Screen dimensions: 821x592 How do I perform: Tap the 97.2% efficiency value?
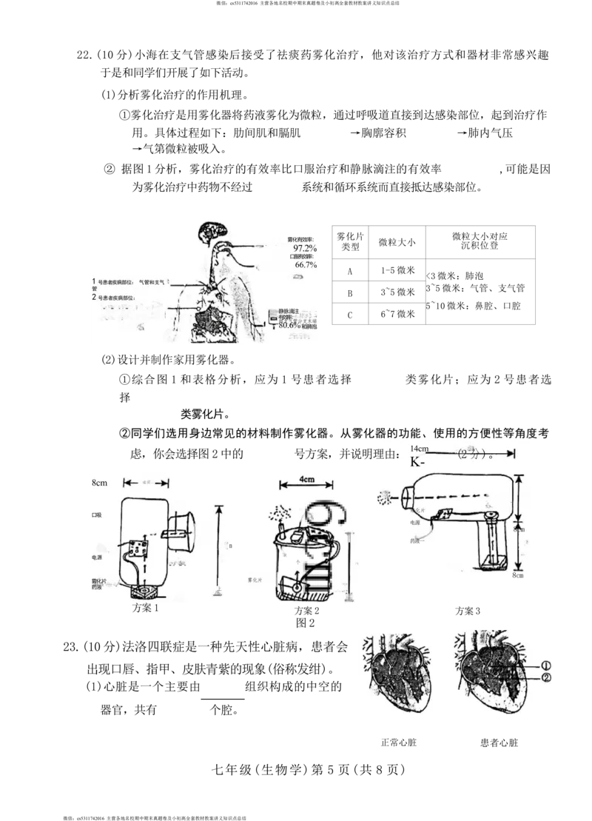(305, 249)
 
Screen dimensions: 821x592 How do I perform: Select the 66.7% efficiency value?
(306, 264)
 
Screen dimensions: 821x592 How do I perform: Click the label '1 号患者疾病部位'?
(121, 282)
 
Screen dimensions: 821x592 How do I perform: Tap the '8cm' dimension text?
(99, 483)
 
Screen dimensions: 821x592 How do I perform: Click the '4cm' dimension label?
(306, 479)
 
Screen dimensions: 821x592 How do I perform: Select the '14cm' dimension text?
(419, 449)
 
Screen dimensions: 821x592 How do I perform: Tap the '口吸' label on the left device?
(95, 514)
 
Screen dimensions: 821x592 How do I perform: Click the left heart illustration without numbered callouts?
(396, 672)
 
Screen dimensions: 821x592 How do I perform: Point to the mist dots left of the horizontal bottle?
(385, 497)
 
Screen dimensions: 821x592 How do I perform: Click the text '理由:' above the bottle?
(388, 454)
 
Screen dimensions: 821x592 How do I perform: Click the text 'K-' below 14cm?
(417, 462)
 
